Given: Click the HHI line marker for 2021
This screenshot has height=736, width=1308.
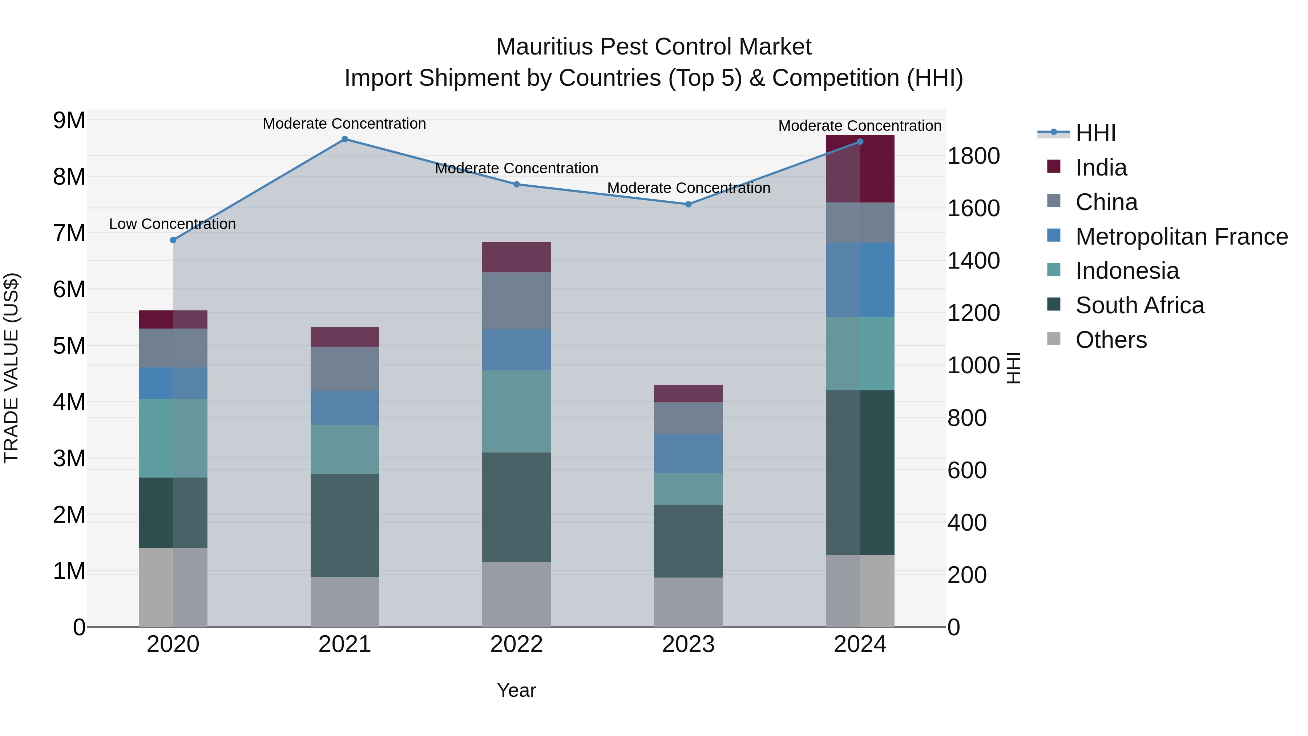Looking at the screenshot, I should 344,139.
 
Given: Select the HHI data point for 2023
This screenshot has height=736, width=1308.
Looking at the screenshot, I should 688,204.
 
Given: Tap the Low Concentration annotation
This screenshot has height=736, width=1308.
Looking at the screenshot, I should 172,224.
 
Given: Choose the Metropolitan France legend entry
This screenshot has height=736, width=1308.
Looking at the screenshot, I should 1181,237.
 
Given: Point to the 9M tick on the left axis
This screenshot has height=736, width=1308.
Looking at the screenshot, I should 69,121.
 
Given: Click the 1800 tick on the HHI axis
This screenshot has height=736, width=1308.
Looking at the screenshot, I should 973,156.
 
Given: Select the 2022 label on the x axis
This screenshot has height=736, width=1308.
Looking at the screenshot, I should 516,644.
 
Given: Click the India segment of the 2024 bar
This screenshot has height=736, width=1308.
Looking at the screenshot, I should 860,169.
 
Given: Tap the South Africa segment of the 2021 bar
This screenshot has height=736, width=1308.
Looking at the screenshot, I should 344,525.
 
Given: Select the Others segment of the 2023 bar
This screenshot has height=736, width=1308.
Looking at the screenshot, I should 688,602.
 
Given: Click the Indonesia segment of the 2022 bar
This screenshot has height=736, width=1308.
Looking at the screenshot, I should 516,411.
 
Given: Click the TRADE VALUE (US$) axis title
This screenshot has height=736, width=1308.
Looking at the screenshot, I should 11,368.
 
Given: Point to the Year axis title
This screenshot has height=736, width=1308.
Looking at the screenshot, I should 516,690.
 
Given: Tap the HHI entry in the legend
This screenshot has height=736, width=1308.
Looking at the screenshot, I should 1095,133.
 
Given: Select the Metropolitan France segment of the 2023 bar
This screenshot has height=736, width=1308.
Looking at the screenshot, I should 688,454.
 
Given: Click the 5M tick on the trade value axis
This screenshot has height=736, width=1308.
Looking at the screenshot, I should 69,346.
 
